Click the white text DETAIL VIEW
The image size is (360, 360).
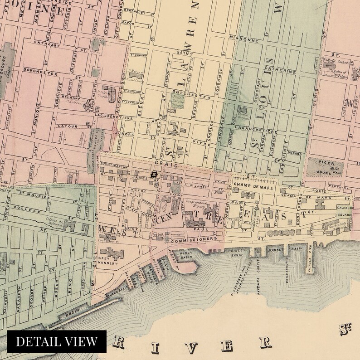(57, 341)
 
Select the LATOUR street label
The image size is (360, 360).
(68, 126)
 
